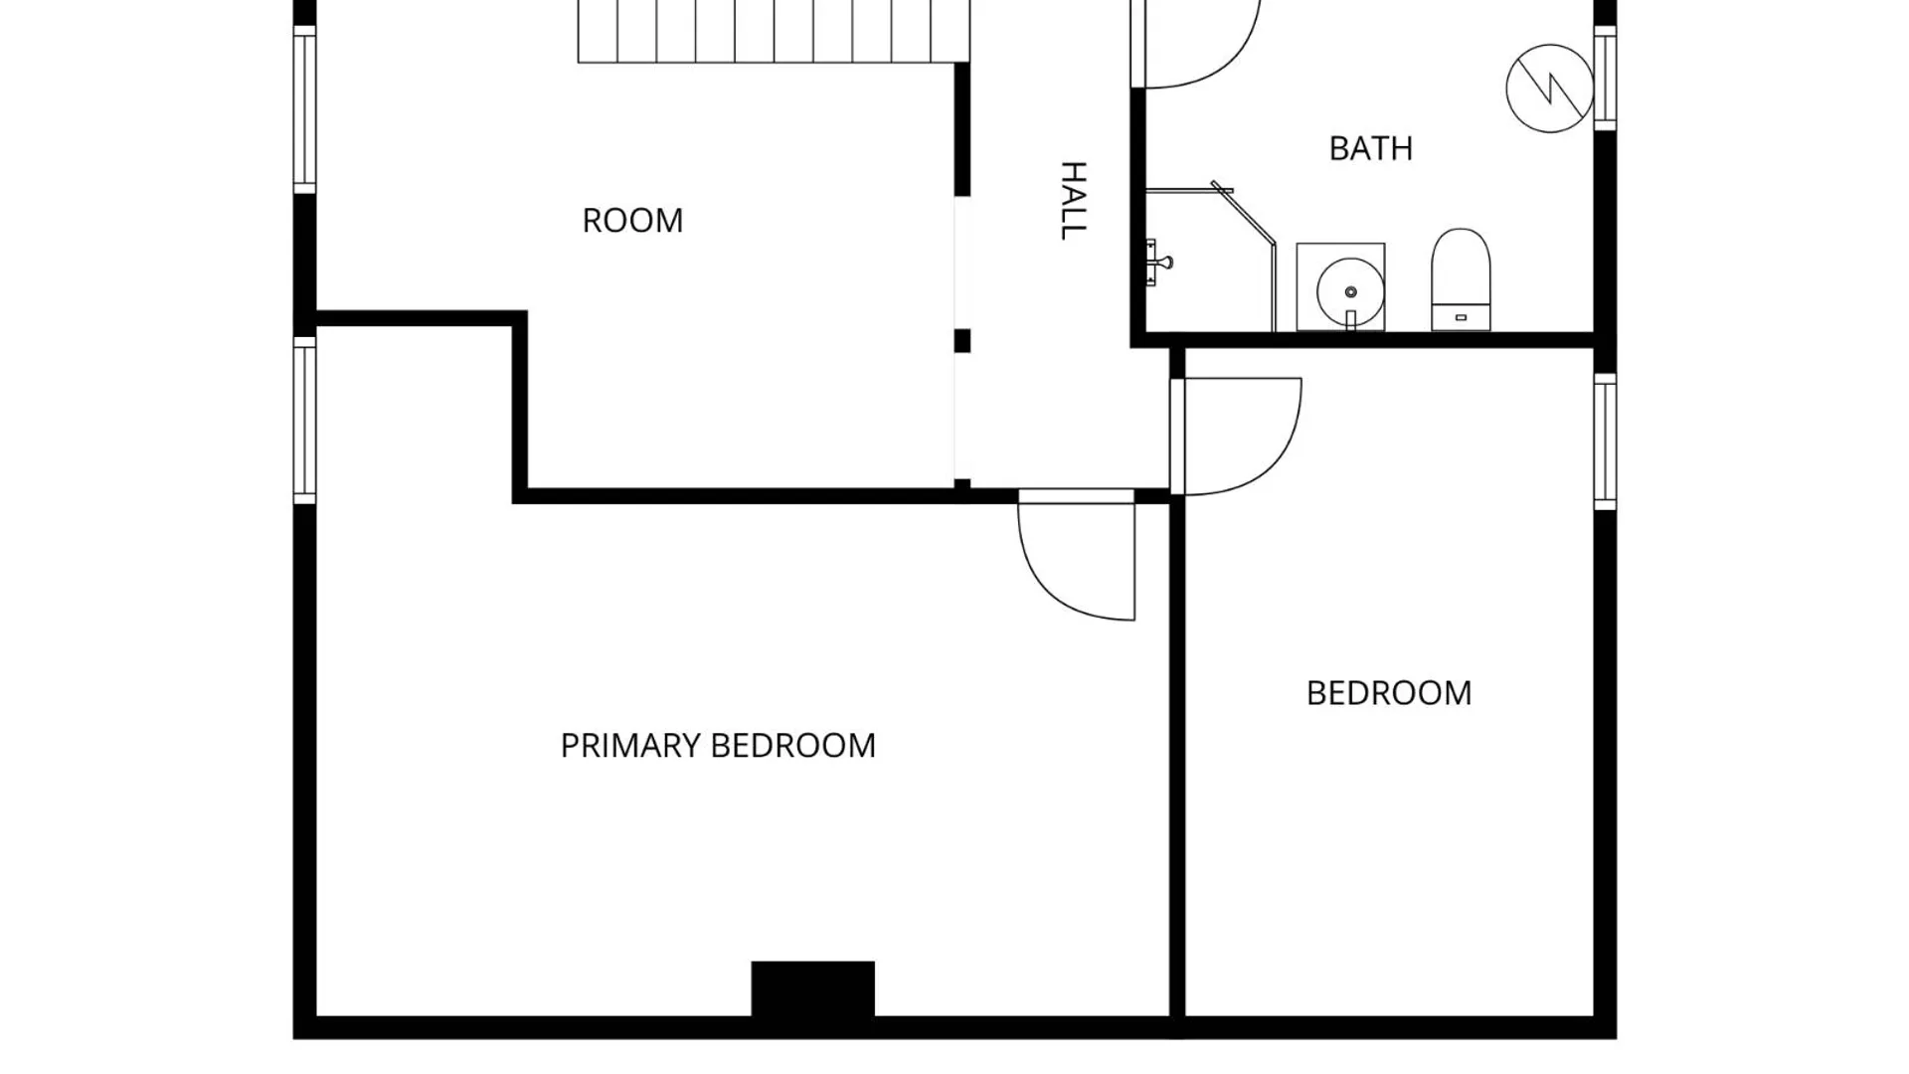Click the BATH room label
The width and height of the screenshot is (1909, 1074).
1370,148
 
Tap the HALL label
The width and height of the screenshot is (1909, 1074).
1073,200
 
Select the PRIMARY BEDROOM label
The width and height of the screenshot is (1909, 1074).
718,745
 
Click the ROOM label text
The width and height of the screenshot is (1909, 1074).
632,220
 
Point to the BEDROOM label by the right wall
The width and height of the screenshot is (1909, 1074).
1388,692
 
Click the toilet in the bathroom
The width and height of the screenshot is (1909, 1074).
1461,279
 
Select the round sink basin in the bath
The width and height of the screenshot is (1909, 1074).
1350,291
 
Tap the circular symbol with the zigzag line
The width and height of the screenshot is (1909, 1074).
1550,89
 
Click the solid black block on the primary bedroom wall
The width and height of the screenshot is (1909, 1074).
812,989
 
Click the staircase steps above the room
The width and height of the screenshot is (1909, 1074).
774,31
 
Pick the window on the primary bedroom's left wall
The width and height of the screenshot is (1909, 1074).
304,420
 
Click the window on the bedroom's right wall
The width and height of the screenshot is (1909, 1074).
1605,442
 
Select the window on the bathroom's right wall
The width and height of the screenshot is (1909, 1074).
1605,77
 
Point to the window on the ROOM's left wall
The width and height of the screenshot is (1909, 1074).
304,109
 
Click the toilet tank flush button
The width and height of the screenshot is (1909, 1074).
1461,317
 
